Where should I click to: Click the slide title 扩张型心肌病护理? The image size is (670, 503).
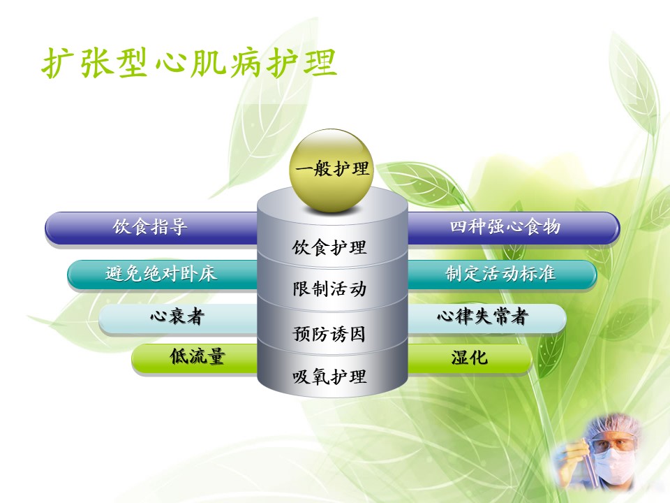pos(189,63)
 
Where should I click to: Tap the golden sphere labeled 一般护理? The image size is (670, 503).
pos(332,170)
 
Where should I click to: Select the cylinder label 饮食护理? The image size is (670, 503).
pos(329,247)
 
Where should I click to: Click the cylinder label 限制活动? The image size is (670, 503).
pos(329,289)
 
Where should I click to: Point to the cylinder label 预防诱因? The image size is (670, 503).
pos(329,334)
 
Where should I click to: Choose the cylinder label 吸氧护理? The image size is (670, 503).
pos(329,377)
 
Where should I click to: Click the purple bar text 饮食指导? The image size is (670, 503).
pos(150,226)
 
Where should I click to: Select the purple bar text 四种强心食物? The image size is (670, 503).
pos(505,226)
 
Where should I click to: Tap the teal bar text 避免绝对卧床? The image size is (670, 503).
pos(161,273)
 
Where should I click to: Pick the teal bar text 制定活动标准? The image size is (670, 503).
pos(500,273)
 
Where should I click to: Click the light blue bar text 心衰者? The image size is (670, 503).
pos(177,316)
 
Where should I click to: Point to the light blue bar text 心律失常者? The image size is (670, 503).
pos(483,316)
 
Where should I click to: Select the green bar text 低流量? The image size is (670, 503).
pos(198,356)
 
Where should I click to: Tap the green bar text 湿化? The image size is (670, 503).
pos(469,357)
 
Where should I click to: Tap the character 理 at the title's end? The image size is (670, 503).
pos(320,63)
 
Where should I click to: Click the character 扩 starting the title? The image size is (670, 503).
pos(57,63)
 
